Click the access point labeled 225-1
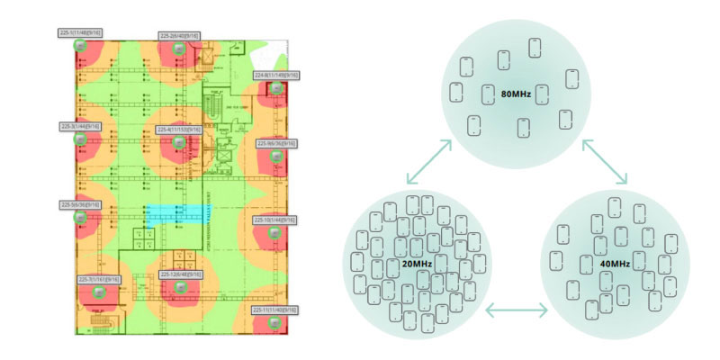point(80,44)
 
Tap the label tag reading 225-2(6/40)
point(179,35)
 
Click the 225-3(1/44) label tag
point(80,126)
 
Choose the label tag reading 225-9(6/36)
point(277,142)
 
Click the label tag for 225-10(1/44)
point(277,219)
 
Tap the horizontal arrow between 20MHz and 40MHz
point(516,311)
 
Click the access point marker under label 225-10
point(277,231)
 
